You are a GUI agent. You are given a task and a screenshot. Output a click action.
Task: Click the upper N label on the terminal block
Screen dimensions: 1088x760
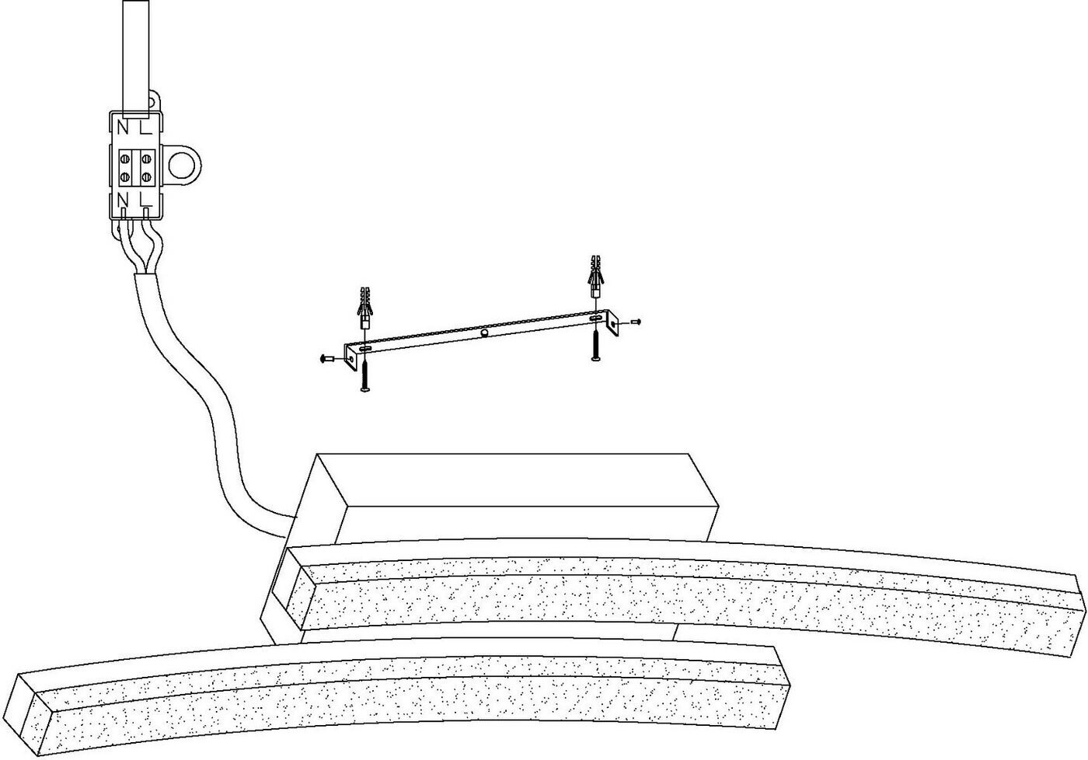tap(123, 127)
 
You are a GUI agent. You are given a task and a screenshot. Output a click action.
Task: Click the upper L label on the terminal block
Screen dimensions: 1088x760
tap(145, 127)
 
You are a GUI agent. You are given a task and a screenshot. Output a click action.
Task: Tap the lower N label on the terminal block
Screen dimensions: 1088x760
tap(123, 200)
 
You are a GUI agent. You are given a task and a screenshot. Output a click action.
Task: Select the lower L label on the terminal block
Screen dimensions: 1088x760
tap(145, 200)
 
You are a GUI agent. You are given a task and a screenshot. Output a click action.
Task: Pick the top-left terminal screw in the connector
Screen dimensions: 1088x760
tap(125, 159)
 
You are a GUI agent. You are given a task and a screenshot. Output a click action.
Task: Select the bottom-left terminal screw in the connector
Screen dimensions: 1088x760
tap(125, 178)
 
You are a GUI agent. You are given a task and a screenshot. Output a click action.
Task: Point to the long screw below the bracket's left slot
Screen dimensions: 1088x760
tap(364, 375)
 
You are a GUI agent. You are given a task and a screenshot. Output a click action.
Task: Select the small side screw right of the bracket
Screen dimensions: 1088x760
tap(636, 320)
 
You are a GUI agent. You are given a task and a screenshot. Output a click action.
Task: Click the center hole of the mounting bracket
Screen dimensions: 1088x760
tap(484, 333)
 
